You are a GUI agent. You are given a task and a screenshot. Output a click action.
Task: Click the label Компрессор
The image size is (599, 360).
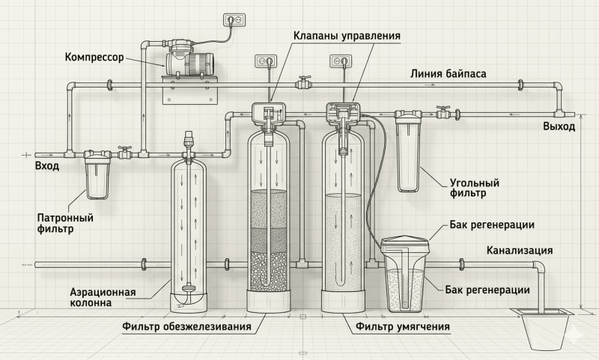[94, 58]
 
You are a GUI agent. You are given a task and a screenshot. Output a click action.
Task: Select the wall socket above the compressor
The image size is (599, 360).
[234, 19]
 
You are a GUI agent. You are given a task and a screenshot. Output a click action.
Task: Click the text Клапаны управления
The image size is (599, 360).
[347, 35]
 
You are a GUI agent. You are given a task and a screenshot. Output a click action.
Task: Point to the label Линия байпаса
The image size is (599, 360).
[448, 73]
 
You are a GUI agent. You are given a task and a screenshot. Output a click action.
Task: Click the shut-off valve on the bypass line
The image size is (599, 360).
[304, 82]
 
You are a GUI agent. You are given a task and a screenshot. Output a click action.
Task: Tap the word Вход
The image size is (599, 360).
[47, 166]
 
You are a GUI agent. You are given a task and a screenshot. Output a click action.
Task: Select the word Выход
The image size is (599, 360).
[559, 126]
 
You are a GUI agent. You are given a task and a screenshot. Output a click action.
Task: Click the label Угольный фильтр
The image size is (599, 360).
[474, 188]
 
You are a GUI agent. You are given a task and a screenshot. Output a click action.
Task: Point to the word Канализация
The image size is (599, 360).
[520, 251]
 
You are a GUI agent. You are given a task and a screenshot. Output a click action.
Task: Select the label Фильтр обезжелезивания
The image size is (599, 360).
[186, 327]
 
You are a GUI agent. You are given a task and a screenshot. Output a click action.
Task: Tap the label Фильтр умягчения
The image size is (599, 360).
[403, 327]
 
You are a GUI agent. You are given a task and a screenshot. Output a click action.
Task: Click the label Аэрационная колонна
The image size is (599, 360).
[103, 297]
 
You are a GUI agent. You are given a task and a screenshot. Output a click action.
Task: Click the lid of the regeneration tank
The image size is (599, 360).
[406, 244]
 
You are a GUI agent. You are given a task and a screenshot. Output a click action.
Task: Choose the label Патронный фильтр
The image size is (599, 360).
[65, 223]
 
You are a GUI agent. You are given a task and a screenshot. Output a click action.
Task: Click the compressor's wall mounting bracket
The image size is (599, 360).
[189, 90]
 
